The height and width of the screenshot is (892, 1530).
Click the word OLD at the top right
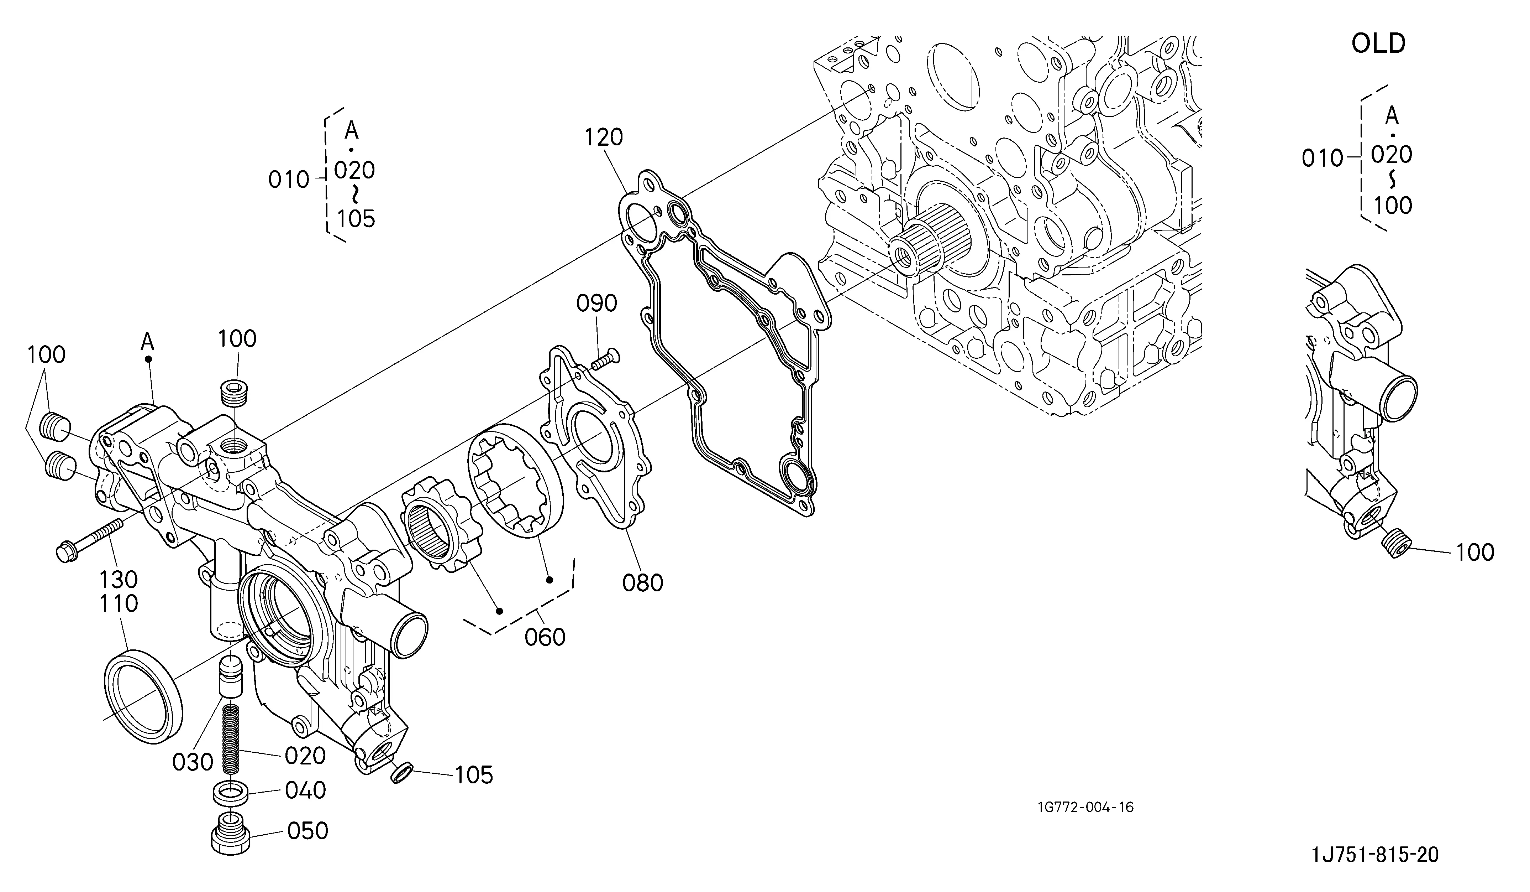[x=1378, y=44]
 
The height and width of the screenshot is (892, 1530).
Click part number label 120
[x=604, y=138]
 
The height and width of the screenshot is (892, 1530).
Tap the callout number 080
[x=642, y=583]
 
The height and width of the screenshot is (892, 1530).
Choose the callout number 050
[x=307, y=831]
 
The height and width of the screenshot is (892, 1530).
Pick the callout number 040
[x=305, y=790]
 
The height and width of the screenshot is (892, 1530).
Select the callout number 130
[x=119, y=579]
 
